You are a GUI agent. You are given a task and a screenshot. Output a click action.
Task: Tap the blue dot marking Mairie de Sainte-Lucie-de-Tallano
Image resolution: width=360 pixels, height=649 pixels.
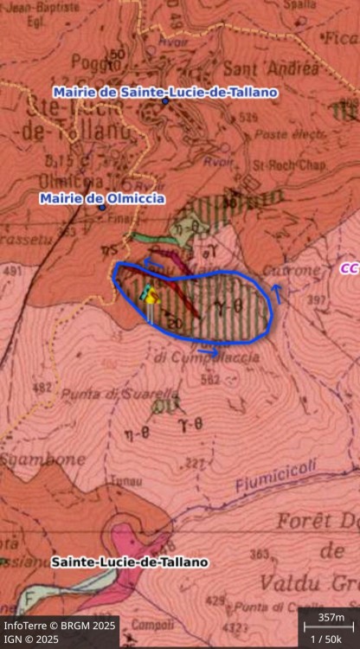164,101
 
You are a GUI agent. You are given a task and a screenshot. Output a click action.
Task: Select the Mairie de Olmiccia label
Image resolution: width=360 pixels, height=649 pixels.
101,198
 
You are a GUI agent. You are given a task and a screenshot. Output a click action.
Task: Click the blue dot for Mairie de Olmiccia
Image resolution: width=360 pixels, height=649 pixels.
101,208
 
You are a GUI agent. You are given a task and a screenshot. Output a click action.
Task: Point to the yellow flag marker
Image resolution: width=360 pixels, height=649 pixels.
152,297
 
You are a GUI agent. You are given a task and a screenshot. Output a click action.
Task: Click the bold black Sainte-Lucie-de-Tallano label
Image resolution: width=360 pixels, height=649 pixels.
130,562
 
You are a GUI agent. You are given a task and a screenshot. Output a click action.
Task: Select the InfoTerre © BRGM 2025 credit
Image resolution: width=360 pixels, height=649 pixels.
59,625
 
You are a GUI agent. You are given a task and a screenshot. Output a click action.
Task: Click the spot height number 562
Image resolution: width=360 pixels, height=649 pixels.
209,378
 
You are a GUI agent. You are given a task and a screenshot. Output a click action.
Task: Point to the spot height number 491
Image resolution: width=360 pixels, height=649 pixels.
13,271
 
